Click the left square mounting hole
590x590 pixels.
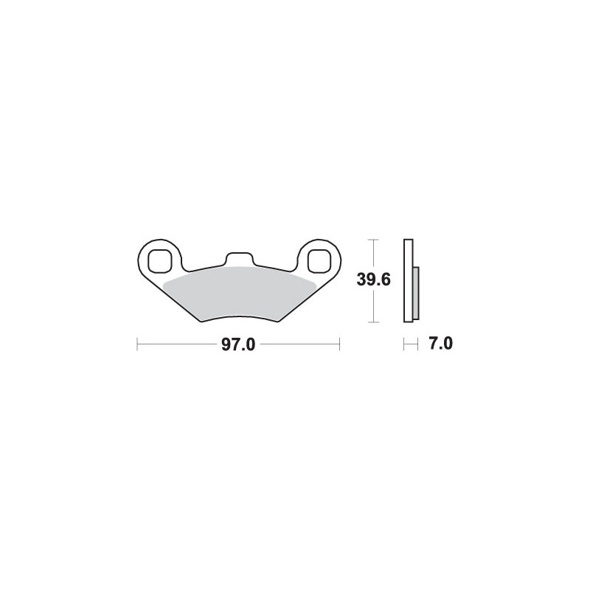pos(159,260)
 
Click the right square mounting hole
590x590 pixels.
pos(319,260)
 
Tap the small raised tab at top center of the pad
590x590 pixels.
pos(239,260)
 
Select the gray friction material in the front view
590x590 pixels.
pos(239,294)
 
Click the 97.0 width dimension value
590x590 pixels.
pos(238,344)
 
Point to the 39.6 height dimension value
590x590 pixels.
pos(374,280)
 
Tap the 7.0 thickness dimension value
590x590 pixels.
pos(440,344)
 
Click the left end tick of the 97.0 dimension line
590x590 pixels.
pos(137,344)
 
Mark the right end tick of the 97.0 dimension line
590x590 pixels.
pos(340,344)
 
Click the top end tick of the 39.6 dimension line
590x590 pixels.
pos(373,239)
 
